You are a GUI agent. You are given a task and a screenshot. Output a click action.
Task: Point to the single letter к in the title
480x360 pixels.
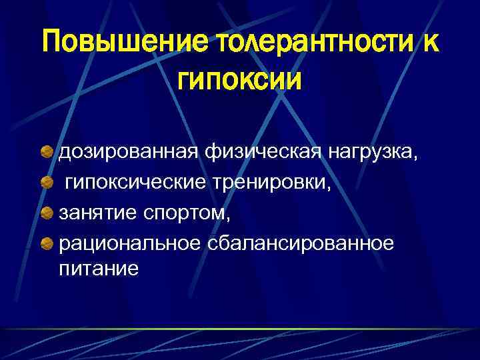pos(429,44)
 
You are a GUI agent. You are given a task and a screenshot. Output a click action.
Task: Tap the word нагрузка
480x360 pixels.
pos(369,155)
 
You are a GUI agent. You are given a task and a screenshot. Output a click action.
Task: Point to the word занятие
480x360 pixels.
pos(98,213)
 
